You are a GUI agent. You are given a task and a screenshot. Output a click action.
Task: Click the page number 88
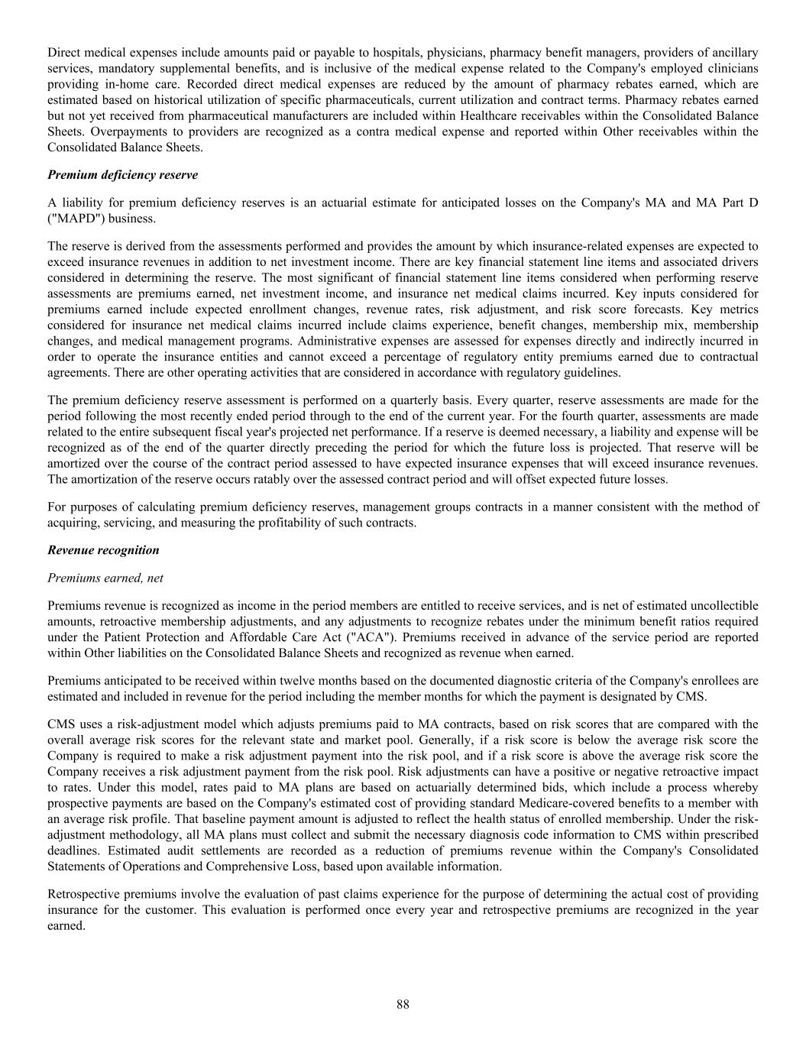click(403, 1004)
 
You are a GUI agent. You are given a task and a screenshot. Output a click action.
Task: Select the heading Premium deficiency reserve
click(122, 175)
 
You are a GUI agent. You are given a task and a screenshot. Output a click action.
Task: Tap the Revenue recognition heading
click(103, 550)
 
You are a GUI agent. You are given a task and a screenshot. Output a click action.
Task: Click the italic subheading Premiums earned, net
click(105, 578)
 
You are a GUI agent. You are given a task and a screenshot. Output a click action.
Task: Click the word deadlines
click(74, 850)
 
